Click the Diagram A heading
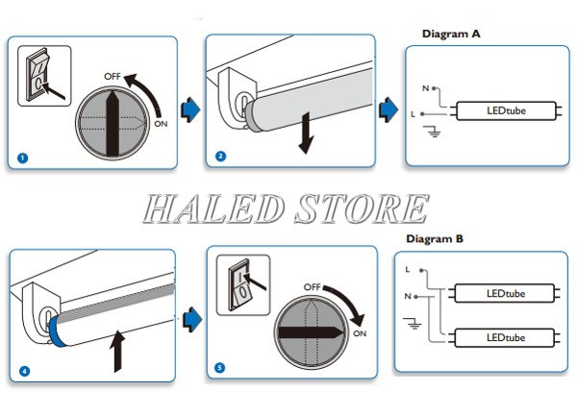451,34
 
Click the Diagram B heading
435,238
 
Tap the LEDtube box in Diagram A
507,112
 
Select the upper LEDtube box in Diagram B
505,293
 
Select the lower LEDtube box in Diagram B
505,338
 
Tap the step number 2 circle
220,156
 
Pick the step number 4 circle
23,371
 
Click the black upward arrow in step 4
117,351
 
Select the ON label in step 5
359,333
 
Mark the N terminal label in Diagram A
424,87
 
